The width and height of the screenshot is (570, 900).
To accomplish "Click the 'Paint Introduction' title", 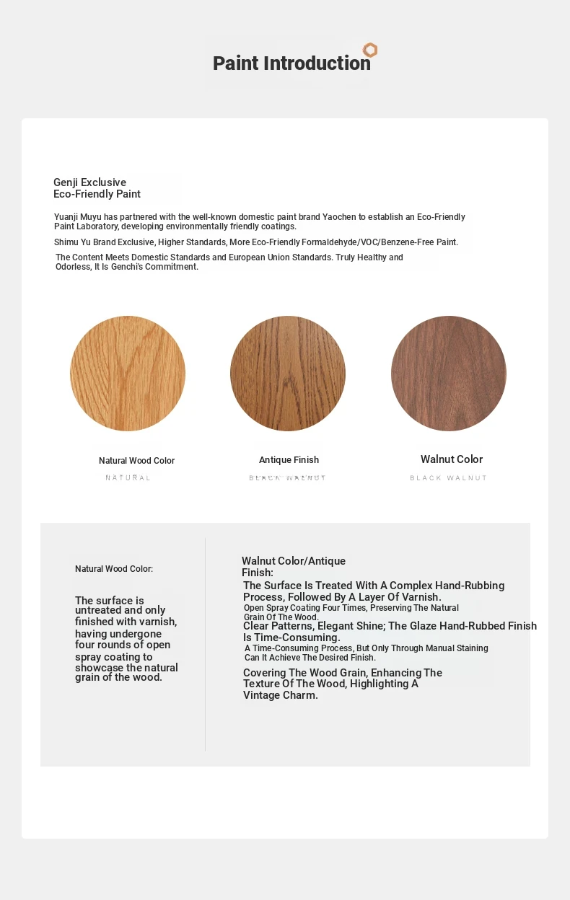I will point(291,63).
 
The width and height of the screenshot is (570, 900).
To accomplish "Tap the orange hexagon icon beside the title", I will point(370,50).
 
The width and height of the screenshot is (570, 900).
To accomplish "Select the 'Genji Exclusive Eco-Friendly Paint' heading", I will point(97,188).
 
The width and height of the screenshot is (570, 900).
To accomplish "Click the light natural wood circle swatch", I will point(128,374).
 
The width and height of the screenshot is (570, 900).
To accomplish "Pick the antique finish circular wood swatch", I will point(288,374).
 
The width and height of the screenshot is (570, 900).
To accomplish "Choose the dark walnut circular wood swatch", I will point(449,374).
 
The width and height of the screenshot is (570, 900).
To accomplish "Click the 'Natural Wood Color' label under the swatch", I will point(136,461).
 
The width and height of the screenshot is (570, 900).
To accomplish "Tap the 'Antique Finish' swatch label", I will point(289,460).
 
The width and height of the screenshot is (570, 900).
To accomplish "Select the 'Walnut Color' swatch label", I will point(452,459).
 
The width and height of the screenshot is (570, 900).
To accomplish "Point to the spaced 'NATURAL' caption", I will point(128,478).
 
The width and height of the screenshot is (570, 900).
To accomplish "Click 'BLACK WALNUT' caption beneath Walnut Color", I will point(449,478).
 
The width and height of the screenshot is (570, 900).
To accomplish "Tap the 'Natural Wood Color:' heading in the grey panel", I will point(114,569).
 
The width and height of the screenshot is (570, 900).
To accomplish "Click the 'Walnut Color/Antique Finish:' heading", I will point(294,567).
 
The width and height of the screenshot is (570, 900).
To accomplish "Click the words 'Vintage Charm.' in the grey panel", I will point(281,696).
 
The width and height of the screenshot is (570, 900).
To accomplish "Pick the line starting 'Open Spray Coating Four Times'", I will point(351,608).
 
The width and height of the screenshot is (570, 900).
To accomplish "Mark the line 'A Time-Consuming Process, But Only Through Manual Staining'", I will point(367,648).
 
